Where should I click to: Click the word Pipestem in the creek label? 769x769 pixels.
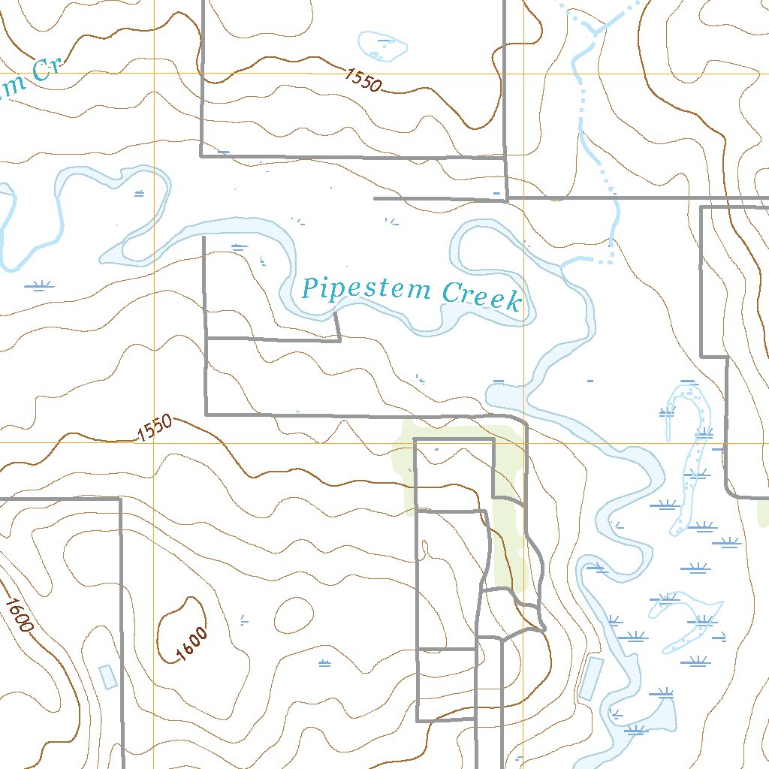pos(366,290)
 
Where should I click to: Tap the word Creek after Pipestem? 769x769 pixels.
pos(481,296)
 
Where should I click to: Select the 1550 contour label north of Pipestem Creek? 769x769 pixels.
pos(364,79)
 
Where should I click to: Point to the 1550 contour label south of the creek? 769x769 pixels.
pos(155,429)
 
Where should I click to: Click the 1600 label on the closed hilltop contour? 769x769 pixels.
pos(191,644)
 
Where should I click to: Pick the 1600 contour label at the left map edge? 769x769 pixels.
pos(19,614)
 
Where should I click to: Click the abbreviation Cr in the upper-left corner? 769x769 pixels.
pos(45,72)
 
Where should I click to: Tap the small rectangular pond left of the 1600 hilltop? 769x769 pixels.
pos(108,677)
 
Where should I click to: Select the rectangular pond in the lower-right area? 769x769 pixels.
pos(591,678)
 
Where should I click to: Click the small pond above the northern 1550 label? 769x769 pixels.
pos(383,47)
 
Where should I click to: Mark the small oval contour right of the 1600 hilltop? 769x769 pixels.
pos(294,616)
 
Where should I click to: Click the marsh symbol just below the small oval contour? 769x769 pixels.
pos(324,662)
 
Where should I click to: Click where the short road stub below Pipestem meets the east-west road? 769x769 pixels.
pos(339,340)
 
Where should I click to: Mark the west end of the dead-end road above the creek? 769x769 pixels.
pos(375,199)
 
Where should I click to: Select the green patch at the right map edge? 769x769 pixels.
pos(764,513)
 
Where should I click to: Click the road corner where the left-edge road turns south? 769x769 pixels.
pos(120,499)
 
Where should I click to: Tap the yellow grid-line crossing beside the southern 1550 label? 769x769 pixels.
pos(154,442)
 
